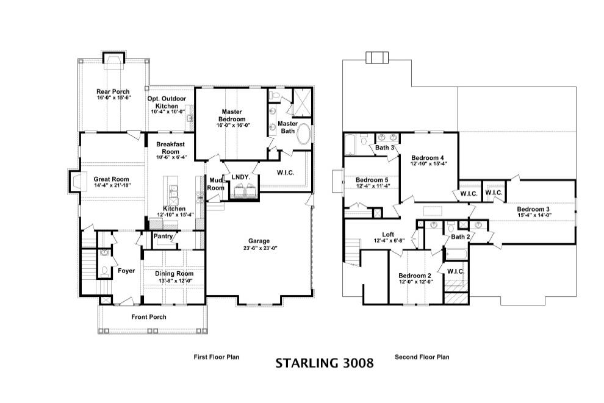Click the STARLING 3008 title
pyautogui.click(x=324, y=363)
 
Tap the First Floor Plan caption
pyautogui.click(x=217, y=357)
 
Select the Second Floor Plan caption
pyautogui.click(x=422, y=357)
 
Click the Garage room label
pyautogui.click(x=259, y=241)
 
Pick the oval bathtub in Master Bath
pyautogui.click(x=304, y=135)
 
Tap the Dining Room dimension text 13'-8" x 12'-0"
pyautogui.click(x=173, y=281)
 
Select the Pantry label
pyautogui.click(x=164, y=235)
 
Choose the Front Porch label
pyautogui.click(x=149, y=317)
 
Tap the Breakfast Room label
pyautogui.click(x=170, y=148)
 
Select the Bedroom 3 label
pyautogui.click(x=534, y=209)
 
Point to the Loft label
pyautogui.click(x=388, y=234)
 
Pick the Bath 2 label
pyautogui.click(x=461, y=237)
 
